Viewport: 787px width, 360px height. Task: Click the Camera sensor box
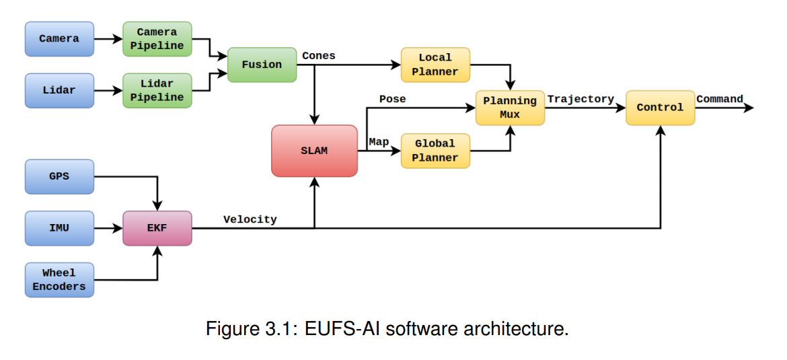coord(59,39)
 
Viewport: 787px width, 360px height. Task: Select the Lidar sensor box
coord(59,90)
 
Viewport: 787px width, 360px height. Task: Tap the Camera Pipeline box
coord(157,39)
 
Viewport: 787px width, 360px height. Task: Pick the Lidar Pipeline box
coord(157,91)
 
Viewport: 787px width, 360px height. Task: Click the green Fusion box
coord(262,65)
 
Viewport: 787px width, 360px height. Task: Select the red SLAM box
coord(314,151)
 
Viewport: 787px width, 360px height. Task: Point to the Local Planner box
coord(435,65)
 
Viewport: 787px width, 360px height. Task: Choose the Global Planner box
coord(435,151)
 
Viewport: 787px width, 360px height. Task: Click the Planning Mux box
coord(510,108)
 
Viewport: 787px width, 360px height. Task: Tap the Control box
coord(660,108)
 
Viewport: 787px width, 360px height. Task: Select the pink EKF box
coord(157,228)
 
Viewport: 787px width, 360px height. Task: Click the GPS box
coord(59,177)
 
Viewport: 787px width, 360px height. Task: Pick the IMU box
coord(59,228)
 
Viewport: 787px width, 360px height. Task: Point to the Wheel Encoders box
coord(59,280)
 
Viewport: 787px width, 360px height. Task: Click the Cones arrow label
coord(318,56)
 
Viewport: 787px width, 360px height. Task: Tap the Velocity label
coord(250,219)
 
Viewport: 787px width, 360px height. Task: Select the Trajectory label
coord(580,100)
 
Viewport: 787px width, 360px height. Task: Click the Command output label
coord(720,100)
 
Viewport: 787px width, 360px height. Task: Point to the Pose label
coord(392,100)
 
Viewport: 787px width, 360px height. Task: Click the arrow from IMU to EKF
coord(108,228)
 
